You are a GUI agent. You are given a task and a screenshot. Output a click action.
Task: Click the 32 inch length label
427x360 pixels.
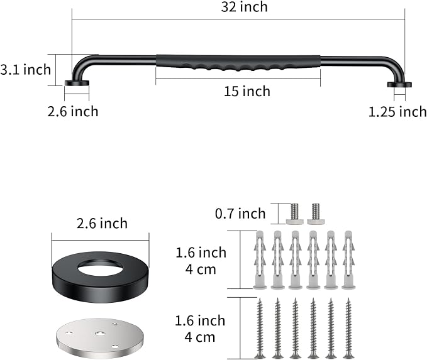click(244, 7)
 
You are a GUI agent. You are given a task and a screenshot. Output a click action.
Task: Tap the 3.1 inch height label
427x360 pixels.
click(26, 70)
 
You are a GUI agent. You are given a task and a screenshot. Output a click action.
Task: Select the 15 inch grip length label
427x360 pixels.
click(247, 91)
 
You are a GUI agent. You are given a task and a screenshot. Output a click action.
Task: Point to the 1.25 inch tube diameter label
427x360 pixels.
click(397, 112)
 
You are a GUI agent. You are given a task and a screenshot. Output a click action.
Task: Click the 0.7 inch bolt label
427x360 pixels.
click(240, 214)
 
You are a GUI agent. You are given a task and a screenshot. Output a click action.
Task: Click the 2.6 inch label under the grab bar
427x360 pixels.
click(73, 112)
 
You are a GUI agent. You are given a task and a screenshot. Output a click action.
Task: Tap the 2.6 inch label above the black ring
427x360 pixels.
click(102, 224)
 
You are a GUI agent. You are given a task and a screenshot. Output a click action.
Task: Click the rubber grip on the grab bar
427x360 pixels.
click(238, 63)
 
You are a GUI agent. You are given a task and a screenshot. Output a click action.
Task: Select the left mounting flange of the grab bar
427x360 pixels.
click(77, 84)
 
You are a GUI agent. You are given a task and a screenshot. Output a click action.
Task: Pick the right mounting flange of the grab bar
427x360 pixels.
click(399, 85)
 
